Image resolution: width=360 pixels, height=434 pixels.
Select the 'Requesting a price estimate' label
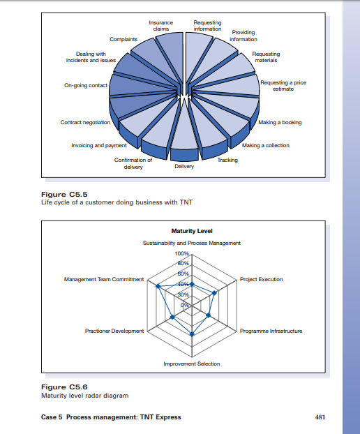click(283, 86)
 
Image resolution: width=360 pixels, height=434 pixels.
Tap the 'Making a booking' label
click(280, 123)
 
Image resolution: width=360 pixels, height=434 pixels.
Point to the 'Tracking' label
click(227, 160)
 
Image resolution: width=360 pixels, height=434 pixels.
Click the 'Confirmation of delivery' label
click(133, 163)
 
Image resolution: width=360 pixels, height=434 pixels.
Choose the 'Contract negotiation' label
click(85, 123)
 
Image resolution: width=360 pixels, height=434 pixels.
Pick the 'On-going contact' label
click(84, 85)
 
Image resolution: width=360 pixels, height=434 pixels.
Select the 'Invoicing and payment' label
click(99, 145)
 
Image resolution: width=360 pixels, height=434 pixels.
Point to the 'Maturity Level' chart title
click(191, 231)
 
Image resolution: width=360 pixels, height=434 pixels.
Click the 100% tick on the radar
click(182, 253)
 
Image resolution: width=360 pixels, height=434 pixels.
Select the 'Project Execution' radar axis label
click(261, 279)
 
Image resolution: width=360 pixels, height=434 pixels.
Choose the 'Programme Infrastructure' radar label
click(271, 331)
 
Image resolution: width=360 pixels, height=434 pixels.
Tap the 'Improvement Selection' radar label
click(192, 364)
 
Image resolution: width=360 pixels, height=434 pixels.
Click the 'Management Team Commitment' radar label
click(103, 279)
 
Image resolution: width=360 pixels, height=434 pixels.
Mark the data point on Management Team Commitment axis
click(158, 286)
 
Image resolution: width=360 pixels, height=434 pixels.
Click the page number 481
click(320, 417)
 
